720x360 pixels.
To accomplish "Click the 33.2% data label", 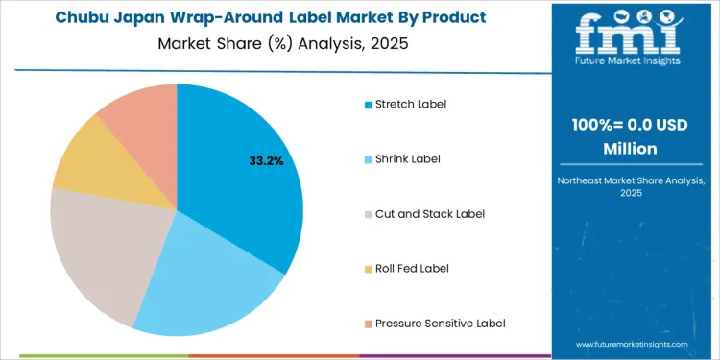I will pyautogui.click(x=266, y=161).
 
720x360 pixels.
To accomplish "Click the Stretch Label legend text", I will pyautogui.click(x=411, y=104).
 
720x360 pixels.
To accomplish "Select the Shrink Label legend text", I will pyautogui.click(x=408, y=158).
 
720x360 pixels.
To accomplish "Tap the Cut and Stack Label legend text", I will pyautogui.click(x=429, y=213).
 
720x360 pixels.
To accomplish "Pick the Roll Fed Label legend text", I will pyautogui.click(x=412, y=268).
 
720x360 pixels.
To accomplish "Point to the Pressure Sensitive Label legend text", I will pyautogui.click(x=440, y=323).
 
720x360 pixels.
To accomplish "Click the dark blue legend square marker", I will pyautogui.click(x=368, y=104).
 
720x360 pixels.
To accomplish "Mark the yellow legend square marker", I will pyautogui.click(x=368, y=268).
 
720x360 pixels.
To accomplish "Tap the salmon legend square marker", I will pyautogui.click(x=368, y=323).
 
